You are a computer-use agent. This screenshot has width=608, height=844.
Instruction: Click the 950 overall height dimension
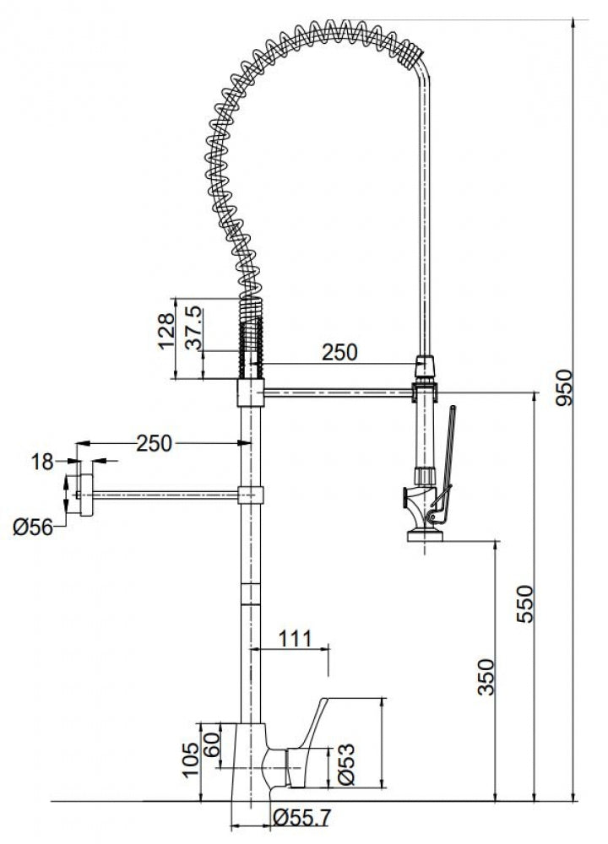tap(564, 387)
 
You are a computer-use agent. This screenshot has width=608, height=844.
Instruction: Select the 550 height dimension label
tap(524, 604)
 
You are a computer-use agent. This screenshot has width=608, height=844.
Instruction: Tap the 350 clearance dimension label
tap(486, 677)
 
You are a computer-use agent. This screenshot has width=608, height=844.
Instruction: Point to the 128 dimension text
tap(167, 331)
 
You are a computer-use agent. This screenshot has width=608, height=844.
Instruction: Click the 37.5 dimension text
tap(193, 327)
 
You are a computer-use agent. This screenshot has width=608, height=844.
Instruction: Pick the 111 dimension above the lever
tap(295, 638)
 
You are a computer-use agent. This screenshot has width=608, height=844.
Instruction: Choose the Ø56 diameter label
tap(34, 527)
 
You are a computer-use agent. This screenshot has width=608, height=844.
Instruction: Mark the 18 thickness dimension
tap(42, 462)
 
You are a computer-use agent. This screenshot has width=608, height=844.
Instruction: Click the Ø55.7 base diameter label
tap(301, 818)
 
